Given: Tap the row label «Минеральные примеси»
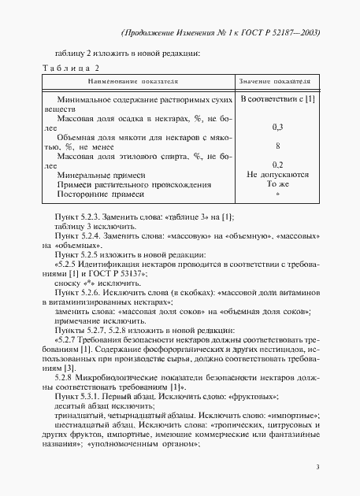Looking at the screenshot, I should tap(102, 174).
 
